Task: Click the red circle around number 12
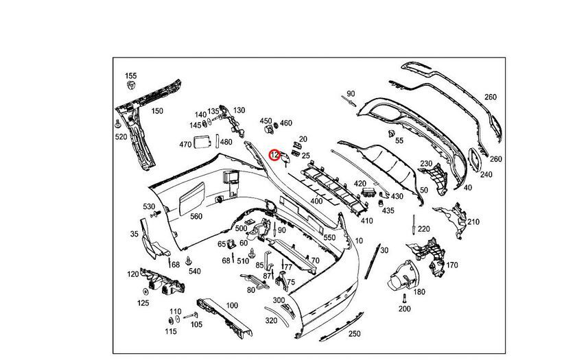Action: [x=275, y=155]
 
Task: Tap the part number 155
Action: [x=130, y=76]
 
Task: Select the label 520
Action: [x=121, y=137]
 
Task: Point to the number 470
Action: [x=185, y=145]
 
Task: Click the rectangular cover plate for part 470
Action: [x=204, y=143]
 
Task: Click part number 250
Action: [x=354, y=334]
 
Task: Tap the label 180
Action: [x=419, y=292]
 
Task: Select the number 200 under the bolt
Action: [x=404, y=309]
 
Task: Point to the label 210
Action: [x=473, y=221]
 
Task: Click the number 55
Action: [x=399, y=141]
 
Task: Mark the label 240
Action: [x=486, y=174]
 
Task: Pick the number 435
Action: [x=388, y=211]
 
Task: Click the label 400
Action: [x=316, y=201]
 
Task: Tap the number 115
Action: [x=170, y=332]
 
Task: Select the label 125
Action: [x=143, y=302]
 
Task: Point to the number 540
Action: [x=195, y=272]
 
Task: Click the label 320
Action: [x=271, y=320]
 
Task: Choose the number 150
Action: [x=157, y=111]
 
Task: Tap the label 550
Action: [x=329, y=237]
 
